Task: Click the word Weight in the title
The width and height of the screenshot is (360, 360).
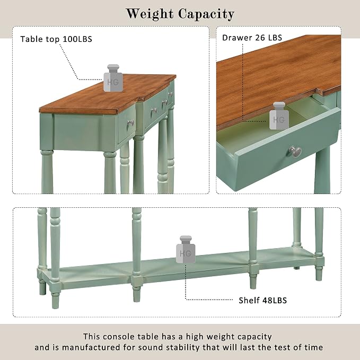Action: click(x=150, y=14)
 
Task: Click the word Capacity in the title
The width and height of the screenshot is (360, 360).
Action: click(x=206, y=14)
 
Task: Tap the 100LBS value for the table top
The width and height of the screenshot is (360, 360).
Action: click(x=77, y=39)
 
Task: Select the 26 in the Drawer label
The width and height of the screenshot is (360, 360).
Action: click(x=260, y=38)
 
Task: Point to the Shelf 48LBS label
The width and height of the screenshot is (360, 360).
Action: click(x=262, y=300)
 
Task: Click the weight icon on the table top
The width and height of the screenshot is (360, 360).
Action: click(x=113, y=78)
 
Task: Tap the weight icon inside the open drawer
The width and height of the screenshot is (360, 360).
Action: click(x=279, y=116)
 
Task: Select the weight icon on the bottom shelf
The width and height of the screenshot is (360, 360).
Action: click(x=186, y=249)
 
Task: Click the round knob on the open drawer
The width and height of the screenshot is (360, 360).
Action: click(x=295, y=152)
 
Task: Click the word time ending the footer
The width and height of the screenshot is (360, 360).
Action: click(x=314, y=347)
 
